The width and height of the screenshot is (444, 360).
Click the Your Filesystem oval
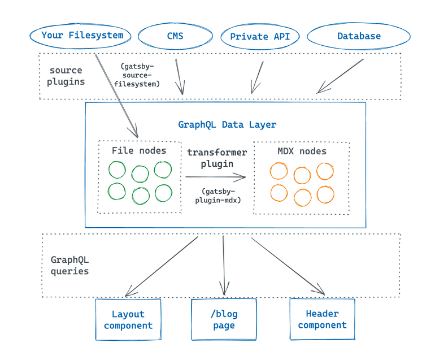click(x=82, y=36)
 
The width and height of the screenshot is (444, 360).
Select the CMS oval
click(x=175, y=36)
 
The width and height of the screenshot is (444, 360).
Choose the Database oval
click(x=359, y=36)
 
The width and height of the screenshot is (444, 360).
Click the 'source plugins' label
click(x=67, y=76)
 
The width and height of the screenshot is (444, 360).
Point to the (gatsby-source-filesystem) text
click(x=137, y=75)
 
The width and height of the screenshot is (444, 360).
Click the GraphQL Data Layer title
click(x=227, y=124)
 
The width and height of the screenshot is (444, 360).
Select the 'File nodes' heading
click(x=139, y=150)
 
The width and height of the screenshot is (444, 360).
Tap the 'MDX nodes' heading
click(x=302, y=151)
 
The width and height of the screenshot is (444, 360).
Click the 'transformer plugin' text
click(x=217, y=158)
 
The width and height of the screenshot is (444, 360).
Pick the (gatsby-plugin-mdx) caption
click(x=217, y=195)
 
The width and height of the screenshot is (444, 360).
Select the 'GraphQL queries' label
click(x=70, y=266)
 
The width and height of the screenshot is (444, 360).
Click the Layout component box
click(x=128, y=320)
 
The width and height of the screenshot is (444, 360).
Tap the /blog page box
click(x=224, y=320)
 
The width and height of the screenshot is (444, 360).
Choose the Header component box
click(x=322, y=319)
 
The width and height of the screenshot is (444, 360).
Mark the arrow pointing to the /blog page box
click(x=224, y=266)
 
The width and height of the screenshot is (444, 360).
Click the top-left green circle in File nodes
click(x=117, y=170)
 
